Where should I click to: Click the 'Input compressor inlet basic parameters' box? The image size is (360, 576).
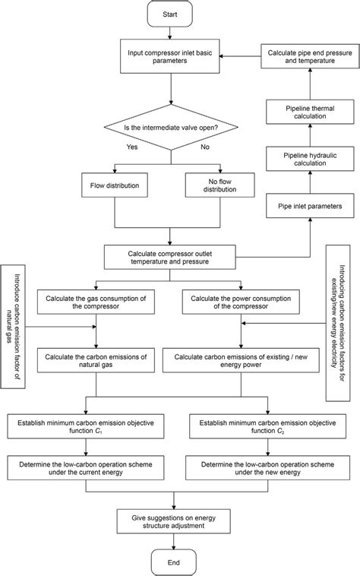point(175,57)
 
